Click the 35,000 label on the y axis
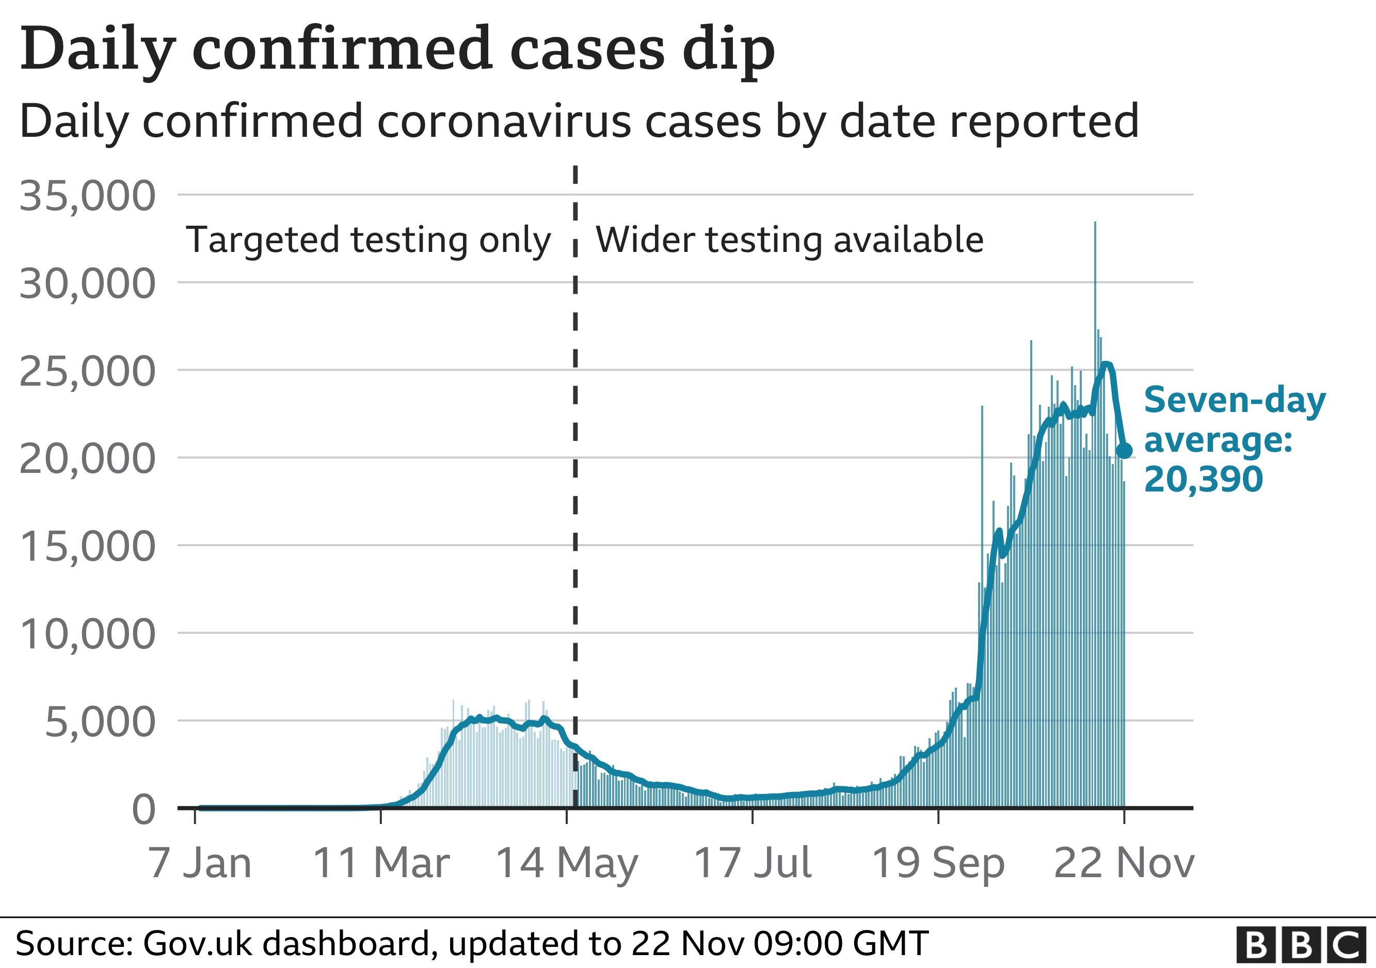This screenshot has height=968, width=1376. pos(88,196)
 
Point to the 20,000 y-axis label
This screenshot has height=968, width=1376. pos(88,459)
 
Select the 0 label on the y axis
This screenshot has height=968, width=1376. pos(144,810)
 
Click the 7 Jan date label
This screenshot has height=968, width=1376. pos(200,863)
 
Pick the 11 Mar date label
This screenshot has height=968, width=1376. pos(381,863)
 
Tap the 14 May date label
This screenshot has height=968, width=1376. pos(567,863)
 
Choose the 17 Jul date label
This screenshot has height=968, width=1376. pos(753,863)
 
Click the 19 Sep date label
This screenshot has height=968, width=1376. pos(938,863)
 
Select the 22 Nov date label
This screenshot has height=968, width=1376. pos(1124,863)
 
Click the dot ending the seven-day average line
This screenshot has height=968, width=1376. pos(1125,451)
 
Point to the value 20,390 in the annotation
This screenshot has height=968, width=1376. pos(1204,480)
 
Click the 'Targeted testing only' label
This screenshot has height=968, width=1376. pos(368,241)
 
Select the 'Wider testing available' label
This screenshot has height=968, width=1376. pos(789,241)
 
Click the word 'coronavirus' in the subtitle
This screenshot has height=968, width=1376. pos(505,121)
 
